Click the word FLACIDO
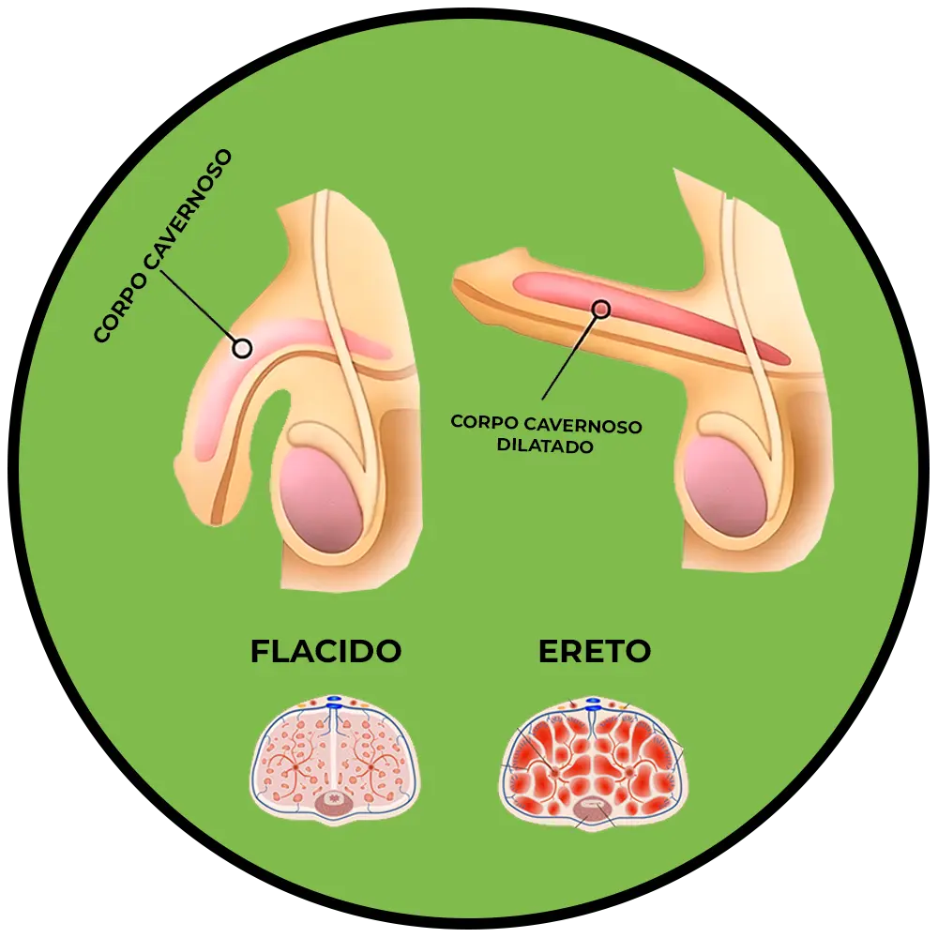point(325,651)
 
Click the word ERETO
point(595,651)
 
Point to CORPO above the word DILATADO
point(484,422)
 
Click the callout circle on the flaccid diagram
point(242,348)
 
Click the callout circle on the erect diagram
point(601,308)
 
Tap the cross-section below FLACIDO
point(335,761)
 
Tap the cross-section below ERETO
point(593,761)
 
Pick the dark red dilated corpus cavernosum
point(657,314)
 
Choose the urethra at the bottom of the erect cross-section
point(593,807)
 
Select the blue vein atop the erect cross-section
point(593,703)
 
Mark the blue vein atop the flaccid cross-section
point(335,702)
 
